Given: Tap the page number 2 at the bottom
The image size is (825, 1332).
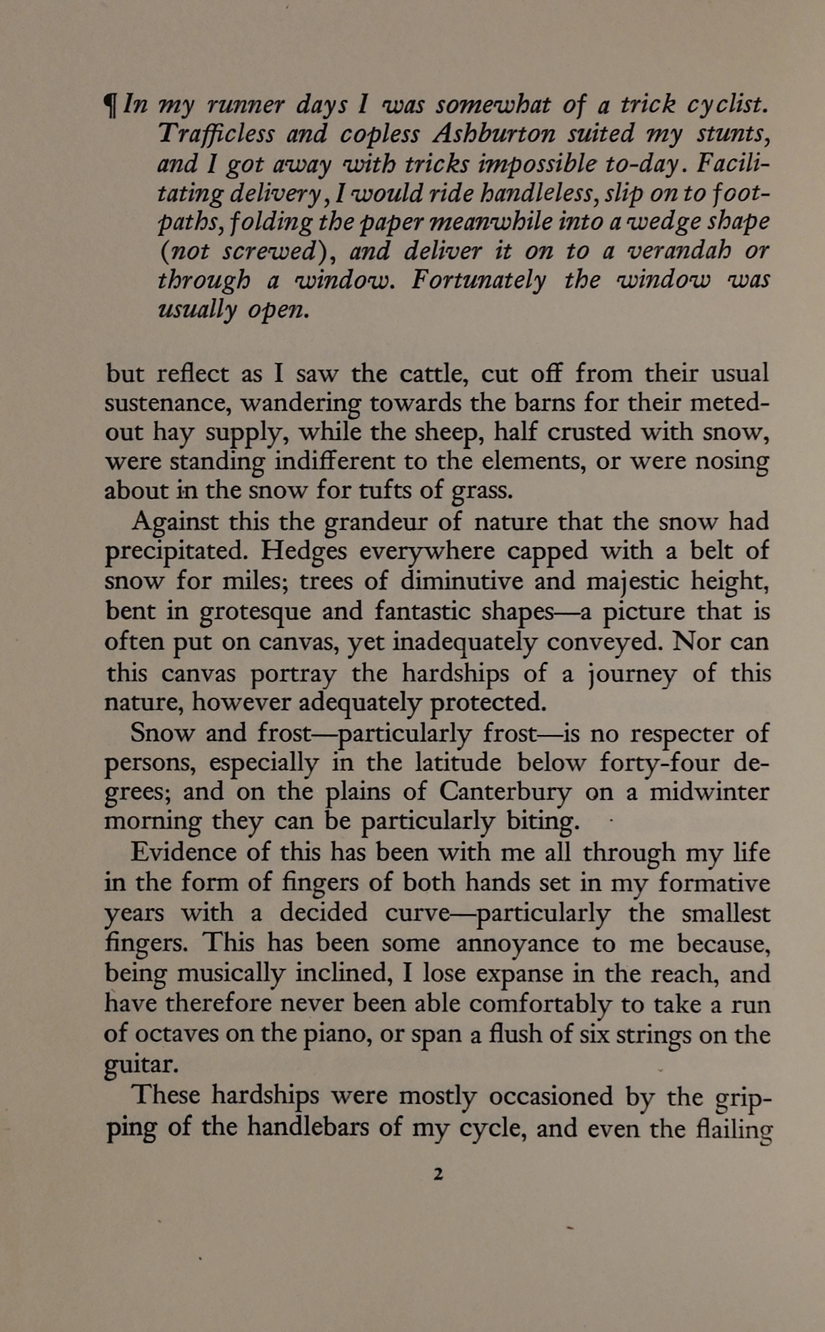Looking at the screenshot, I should (x=438, y=1174).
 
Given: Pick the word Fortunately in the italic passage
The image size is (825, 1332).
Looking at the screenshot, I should (x=478, y=280).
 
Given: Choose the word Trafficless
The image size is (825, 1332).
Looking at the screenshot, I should (x=216, y=134).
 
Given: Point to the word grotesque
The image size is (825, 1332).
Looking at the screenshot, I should (x=255, y=611).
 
